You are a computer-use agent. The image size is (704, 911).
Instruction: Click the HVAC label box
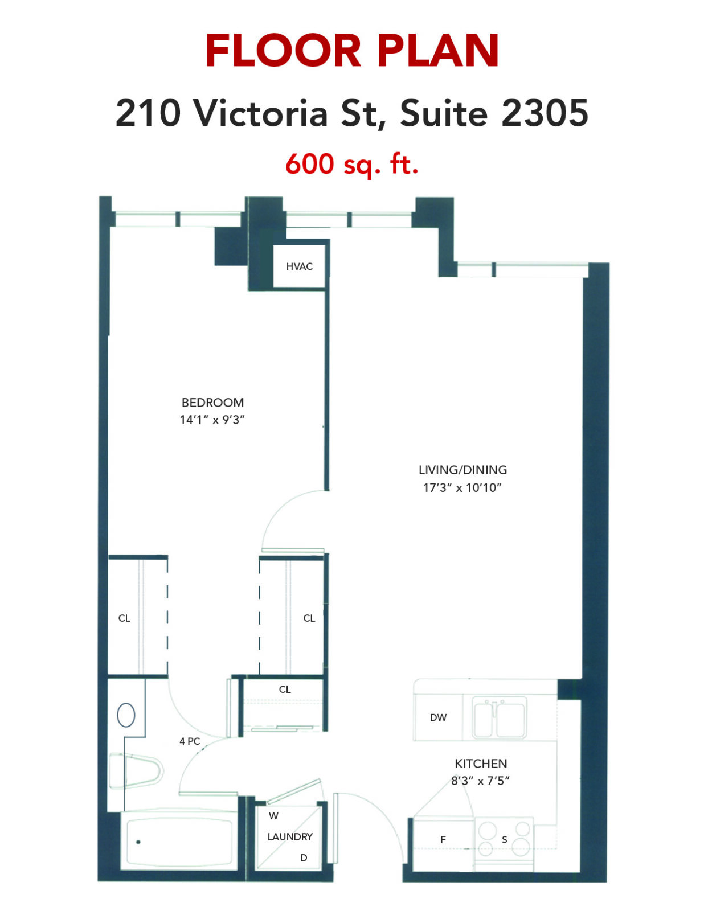pos(300,266)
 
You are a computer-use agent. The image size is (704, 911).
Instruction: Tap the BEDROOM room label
pos(212,403)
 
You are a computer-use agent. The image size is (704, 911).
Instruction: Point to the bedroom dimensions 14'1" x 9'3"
pos(212,420)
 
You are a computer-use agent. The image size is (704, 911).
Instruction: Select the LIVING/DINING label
pos(462,470)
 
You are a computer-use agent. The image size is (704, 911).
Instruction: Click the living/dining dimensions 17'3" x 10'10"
pos(462,487)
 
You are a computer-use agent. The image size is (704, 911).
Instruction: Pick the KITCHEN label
pos(481,764)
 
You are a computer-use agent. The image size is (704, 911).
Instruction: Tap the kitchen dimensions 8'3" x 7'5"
pos(481,781)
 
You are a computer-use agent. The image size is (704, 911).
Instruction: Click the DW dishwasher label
pos(438,717)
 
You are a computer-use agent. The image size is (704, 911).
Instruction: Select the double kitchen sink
pos(499,717)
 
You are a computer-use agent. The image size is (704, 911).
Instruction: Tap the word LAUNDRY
pos(290,837)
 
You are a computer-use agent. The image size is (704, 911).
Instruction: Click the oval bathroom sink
pos(126,715)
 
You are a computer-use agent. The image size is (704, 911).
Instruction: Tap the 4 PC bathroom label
pos(190,741)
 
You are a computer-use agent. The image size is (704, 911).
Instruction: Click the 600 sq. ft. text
pos(352,165)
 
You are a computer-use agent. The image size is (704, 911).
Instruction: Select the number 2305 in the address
pos(545,112)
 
